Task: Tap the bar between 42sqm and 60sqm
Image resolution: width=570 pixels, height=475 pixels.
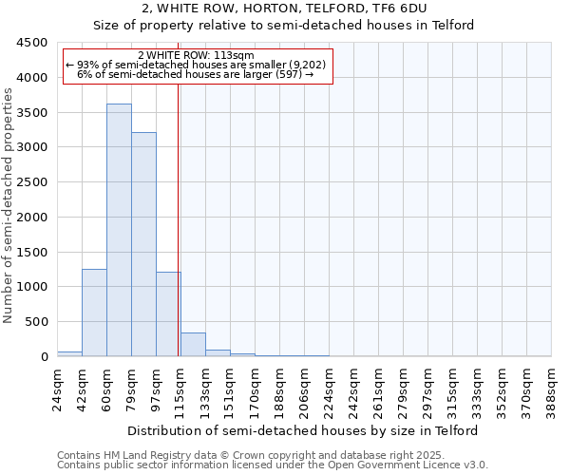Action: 94,313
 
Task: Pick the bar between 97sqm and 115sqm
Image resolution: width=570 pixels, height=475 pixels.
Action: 168,314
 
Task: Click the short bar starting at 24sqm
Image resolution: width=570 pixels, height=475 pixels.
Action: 69,353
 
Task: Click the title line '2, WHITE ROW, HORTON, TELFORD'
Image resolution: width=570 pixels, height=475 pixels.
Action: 283,9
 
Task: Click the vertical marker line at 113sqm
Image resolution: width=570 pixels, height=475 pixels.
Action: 179,237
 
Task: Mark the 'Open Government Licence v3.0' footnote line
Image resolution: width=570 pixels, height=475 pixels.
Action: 273,465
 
